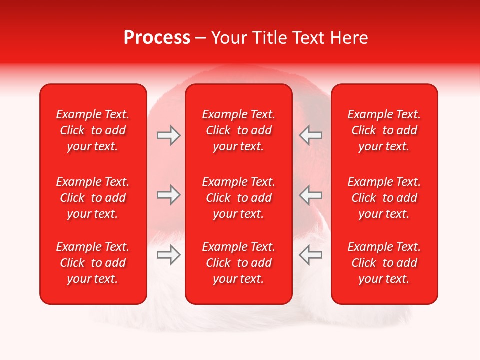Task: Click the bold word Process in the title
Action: [157, 38]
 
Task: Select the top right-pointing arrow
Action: [168, 135]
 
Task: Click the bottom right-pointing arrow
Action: [168, 255]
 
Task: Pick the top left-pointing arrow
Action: [310, 135]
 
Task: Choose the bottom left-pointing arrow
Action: [310, 255]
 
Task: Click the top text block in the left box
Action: [93, 130]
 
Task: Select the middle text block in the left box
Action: [93, 198]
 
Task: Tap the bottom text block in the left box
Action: [93, 263]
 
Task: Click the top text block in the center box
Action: [238, 130]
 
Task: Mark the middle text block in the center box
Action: [238, 198]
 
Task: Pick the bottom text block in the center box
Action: [238, 263]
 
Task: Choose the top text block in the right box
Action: [384, 130]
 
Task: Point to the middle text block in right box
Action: [384, 198]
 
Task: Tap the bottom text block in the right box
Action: [384, 263]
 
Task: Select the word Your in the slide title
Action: [230, 38]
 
